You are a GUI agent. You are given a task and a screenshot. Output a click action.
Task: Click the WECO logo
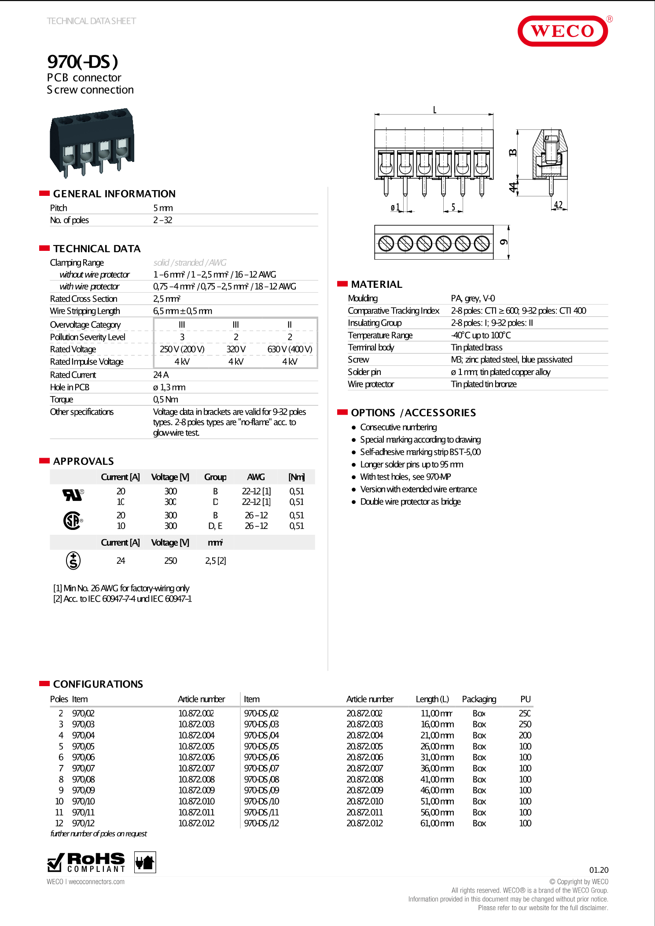click(x=563, y=31)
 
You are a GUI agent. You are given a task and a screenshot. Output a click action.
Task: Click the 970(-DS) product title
click(x=82, y=62)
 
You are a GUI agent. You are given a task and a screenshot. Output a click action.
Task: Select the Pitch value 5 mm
click(x=163, y=208)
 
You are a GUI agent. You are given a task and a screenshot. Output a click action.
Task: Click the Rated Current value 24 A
click(x=161, y=375)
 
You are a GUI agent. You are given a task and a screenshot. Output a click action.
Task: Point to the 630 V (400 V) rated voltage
click(x=290, y=349)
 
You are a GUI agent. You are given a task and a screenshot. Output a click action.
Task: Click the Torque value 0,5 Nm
click(x=166, y=400)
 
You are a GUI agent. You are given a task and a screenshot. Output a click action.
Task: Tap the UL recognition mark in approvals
click(x=73, y=496)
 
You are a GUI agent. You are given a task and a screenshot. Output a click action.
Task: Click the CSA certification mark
click(x=73, y=521)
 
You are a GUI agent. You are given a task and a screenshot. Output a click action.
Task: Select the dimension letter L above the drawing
click(x=434, y=110)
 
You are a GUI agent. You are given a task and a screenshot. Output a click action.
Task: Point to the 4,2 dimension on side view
click(x=558, y=205)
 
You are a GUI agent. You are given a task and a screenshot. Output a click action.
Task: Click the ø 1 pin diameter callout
click(x=395, y=207)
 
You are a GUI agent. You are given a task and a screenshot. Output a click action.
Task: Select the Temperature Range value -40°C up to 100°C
click(x=481, y=335)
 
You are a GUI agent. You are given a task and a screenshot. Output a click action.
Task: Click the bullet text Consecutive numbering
click(x=398, y=427)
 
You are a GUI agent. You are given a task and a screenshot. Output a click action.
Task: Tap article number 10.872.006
click(x=196, y=757)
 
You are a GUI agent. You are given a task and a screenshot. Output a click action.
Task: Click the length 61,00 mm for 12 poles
click(x=437, y=823)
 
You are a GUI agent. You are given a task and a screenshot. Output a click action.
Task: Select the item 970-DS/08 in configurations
click(x=261, y=779)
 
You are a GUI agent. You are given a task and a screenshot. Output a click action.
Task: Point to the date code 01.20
click(x=599, y=870)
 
